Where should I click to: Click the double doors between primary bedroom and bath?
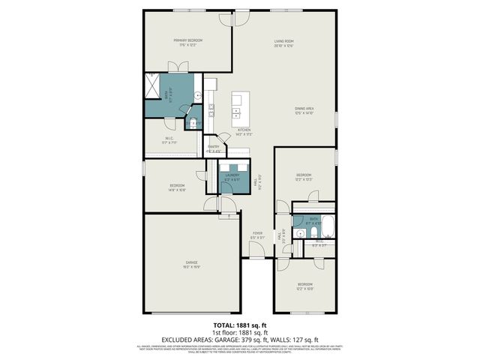tap(177, 67)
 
